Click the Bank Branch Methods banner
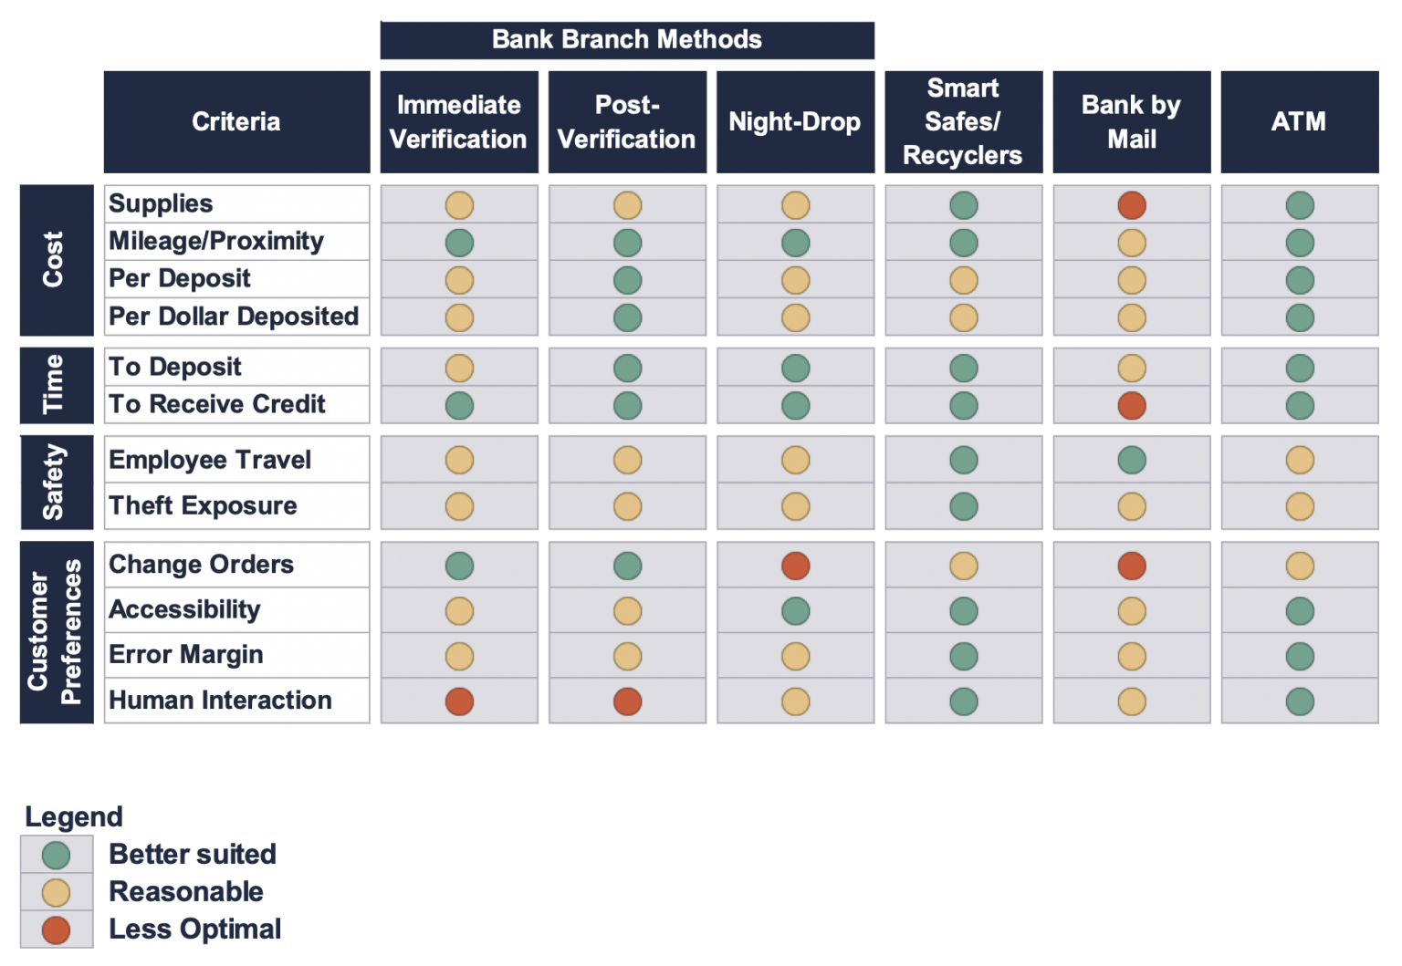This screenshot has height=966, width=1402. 627,40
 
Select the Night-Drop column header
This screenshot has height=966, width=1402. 795,122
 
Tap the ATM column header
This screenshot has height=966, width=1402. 1299,122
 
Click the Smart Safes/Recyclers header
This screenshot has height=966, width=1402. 963,122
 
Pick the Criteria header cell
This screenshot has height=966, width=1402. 236,122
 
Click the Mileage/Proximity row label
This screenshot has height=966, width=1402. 216,242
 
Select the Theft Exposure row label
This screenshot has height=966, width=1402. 203,506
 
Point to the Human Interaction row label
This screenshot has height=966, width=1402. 220,701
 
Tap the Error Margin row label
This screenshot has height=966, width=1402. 186,655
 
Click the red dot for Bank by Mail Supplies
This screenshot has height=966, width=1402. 1132,205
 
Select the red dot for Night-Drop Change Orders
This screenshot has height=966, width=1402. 796,566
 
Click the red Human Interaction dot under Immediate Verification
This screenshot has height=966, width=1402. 459,701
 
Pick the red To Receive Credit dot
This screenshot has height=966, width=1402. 1132,405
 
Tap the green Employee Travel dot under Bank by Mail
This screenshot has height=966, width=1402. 1132,461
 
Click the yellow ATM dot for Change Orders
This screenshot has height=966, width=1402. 1300,566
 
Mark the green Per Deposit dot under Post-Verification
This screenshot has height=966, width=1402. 627,280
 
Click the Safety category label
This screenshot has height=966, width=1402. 56,483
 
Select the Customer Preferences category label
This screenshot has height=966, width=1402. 56,632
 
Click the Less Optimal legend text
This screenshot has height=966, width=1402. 194,930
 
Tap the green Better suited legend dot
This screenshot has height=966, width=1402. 57,855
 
